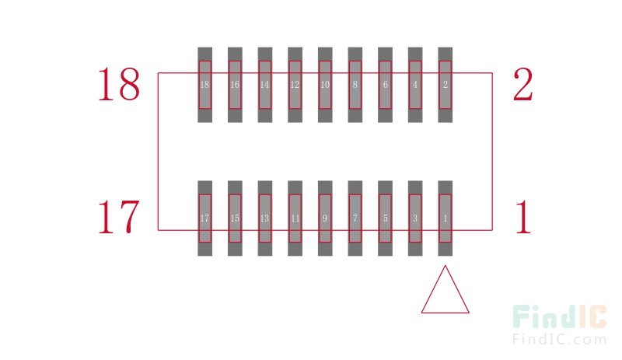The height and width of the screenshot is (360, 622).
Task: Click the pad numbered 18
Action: point(204,85)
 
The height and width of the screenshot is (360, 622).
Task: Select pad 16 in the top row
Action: point(235,85)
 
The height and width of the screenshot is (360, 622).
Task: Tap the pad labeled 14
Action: point(265,85)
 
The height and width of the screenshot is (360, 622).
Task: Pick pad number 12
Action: point(295,85)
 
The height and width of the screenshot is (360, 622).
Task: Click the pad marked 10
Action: point(325,85)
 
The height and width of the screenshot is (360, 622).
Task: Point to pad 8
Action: point(355,85)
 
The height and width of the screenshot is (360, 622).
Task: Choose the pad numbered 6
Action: point(385,85)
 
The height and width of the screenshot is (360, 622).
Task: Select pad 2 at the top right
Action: point(445,85)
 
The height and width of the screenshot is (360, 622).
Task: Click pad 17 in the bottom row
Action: point(204,218)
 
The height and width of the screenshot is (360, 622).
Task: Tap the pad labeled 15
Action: point(235,218)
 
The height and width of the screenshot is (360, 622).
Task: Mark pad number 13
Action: point(265,218)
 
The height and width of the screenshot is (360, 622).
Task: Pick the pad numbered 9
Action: point(325,218)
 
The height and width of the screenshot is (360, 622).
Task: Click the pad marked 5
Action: point(385,218)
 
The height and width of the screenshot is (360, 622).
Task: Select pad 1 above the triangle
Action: point(445,218)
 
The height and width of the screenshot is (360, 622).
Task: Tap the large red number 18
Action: point(119,84)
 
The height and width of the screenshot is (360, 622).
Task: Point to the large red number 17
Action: point(119,217)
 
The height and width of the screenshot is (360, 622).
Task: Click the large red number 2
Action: point(522,84)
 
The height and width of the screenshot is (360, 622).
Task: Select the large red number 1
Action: point(523,217)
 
